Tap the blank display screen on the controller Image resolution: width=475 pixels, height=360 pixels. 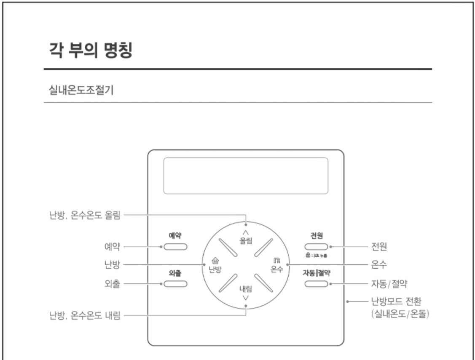click(246, 176)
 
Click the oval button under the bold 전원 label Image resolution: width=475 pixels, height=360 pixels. click(317, 246)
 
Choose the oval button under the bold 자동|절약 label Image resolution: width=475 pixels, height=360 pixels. click(317, 283)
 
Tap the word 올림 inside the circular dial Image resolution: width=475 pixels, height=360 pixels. click(246, 239)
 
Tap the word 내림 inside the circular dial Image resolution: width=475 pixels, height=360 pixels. click(246, 289)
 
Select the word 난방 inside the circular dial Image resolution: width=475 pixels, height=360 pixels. click(215, 269)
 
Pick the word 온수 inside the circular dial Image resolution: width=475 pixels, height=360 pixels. click(276, 269)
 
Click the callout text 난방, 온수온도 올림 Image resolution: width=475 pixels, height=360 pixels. click(84, 216)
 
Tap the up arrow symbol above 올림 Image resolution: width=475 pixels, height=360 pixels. click(246, 232)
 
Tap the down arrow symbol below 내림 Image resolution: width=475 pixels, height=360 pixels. click(246, 298)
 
